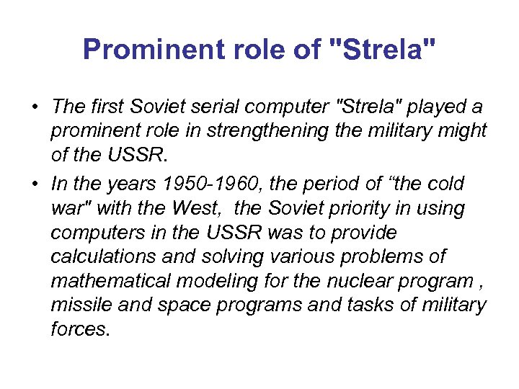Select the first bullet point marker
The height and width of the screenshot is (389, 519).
(x=35, y=107)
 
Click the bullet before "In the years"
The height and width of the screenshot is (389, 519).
(x=35, y=184)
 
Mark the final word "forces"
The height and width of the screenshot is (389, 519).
(x=81, y=329)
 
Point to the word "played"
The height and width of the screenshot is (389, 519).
(x=439, y=107)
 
